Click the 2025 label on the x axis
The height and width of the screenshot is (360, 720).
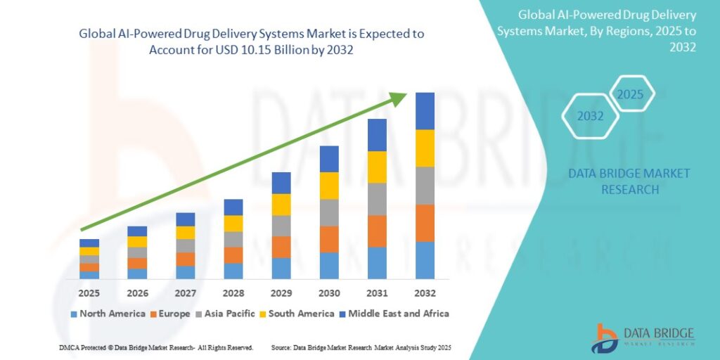[89, 292]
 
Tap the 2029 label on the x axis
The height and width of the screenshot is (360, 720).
[281, 292]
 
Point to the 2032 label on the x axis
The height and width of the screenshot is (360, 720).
[425, 292]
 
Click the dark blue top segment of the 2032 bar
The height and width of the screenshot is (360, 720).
[425, 111]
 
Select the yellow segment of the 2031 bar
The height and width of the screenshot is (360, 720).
[377, 167]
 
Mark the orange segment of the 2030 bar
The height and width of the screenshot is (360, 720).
[329, 240]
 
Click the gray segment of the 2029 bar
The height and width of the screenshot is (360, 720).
[281, 226]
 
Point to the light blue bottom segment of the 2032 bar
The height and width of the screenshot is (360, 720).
[425, 260]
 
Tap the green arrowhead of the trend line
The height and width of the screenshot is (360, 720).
[399, 99]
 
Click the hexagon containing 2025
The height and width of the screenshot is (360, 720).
[631, 94]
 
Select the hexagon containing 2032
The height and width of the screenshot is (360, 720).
[591, 116]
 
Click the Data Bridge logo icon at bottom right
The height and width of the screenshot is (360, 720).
[605, 338]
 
